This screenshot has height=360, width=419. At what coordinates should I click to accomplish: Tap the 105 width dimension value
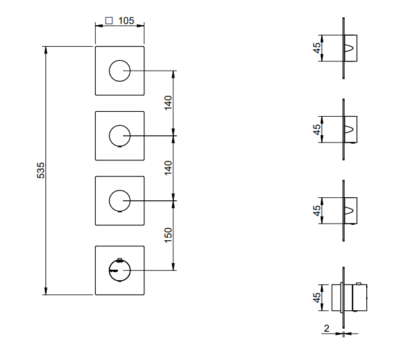[125, 20]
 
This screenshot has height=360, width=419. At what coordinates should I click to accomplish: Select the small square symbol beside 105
[109, 20]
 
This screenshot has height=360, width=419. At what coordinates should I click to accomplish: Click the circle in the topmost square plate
[119, 71]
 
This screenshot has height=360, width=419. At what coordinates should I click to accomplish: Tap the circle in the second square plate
[119, 135]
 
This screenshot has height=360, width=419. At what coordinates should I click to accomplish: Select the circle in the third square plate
[119, 200]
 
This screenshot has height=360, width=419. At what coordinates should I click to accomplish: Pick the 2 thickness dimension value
[326, 328]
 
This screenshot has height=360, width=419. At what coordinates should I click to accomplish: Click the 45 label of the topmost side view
[317, 49]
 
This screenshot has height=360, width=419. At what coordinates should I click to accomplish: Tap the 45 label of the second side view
[317, 130]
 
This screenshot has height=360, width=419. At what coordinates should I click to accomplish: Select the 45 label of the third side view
[317, 211]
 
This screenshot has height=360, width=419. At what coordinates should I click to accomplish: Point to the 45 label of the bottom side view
[317, 297]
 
